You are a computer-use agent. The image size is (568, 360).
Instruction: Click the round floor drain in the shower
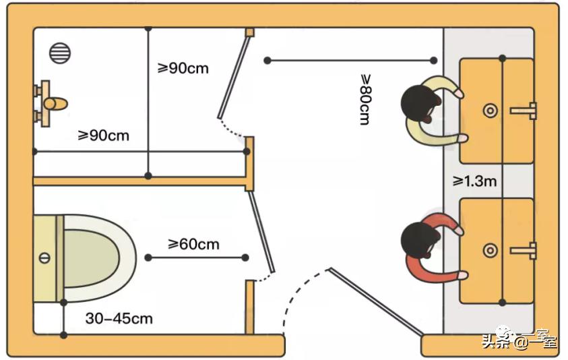[60, 53]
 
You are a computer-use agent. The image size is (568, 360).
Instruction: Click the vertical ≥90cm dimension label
[183, 69]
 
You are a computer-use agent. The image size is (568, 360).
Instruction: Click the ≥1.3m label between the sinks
[475, 181]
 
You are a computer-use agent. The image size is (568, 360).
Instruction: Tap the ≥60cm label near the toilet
[193, 243]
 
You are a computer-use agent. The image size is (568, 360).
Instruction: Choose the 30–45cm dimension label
[119, 318]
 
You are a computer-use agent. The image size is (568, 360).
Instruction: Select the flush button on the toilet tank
[45, 258]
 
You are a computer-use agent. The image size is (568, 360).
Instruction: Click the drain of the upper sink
[491, 110]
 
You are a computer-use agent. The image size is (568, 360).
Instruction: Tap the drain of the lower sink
[491, 251]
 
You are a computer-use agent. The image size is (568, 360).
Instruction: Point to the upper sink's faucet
[525, 110]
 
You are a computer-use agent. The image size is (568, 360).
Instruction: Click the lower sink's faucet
[525, 251]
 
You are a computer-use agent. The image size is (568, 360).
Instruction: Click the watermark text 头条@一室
[518, 340]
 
